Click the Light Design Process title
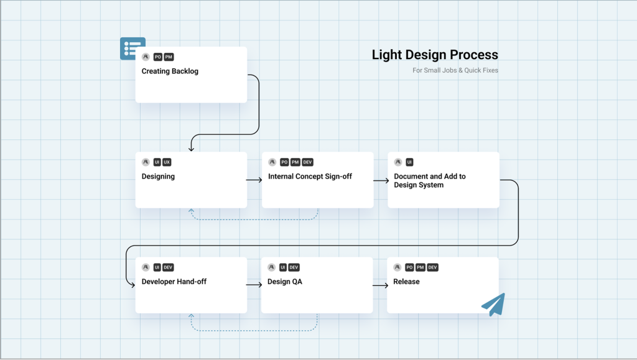pyautogui.click(x=435, y=55)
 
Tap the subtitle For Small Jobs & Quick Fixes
pyautogui.click(x=455, y=70)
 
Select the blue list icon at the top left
pyautogui.click(x=131, y=48)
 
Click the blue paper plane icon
pyautogui.click(x=493, y=304)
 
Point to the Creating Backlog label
pyautogui.click(x=170, y=72)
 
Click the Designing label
pyautogui.click(x=158, y=177)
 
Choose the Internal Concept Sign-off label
pyautogui.click(x=310, y=177)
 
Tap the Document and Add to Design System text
pyautogui.click(x=430, y=180)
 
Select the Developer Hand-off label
pyautogui.click(x=174, y=282)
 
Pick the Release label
pyautogui.click(x=406, y=282)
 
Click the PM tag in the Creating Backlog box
pyautogui.click(x=169, y=57)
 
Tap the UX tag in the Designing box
pyautogui.click(x=167, y=162)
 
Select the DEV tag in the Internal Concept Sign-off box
pyautogui.click(x=307, y=162)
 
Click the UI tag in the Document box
pyautogui.click(x=409, y=162)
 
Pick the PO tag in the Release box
pyautogui.click(x=409, y=267)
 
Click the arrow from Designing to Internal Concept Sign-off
pyautogui.click(x=254, y=180)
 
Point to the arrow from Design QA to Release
pyautogui.click(x=380, y=285)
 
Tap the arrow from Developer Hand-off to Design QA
pyautogui.click(x=254, y=285)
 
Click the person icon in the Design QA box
pyautogui.click(x=272, y=267)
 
